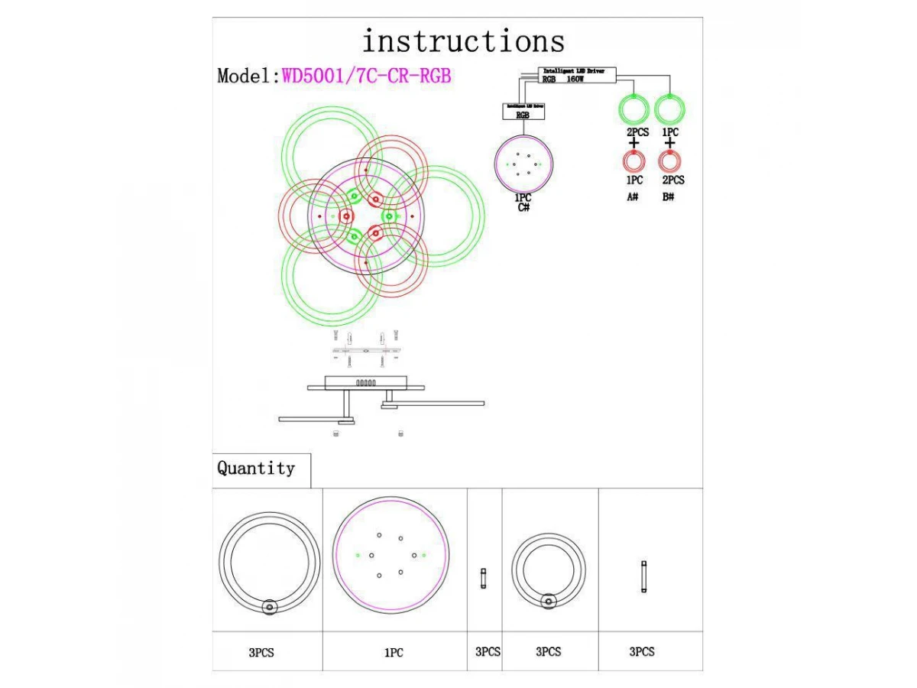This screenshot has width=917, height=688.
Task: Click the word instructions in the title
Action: (463, 41)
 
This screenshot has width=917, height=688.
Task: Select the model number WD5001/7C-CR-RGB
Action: (367, 76)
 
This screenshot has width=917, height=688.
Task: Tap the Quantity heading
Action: (256, 468)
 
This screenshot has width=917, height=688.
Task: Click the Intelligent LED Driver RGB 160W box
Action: (578, 74)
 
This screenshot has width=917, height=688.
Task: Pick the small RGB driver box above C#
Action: (523, 112)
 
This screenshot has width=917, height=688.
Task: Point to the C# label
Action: (523, 208)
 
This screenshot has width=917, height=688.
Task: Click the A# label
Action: (633, 197)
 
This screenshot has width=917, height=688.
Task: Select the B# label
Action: (669, 197)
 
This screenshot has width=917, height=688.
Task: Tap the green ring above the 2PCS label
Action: (633, 109)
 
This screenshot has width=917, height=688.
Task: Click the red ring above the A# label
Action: (633, 161)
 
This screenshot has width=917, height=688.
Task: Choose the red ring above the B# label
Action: (670, 161)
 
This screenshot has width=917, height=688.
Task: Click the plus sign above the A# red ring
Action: (633, 144)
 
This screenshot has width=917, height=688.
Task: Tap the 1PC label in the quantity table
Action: (394, 653)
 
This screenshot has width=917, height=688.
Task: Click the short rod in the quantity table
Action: (483, 579)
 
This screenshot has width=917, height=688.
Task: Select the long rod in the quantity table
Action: (643, 577)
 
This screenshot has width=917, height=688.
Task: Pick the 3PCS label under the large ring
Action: (261, 653)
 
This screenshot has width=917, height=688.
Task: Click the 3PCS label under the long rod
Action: (642, 652)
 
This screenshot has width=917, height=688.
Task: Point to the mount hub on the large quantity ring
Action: (269, 607)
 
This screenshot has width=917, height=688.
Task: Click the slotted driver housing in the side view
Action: (365, 381)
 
